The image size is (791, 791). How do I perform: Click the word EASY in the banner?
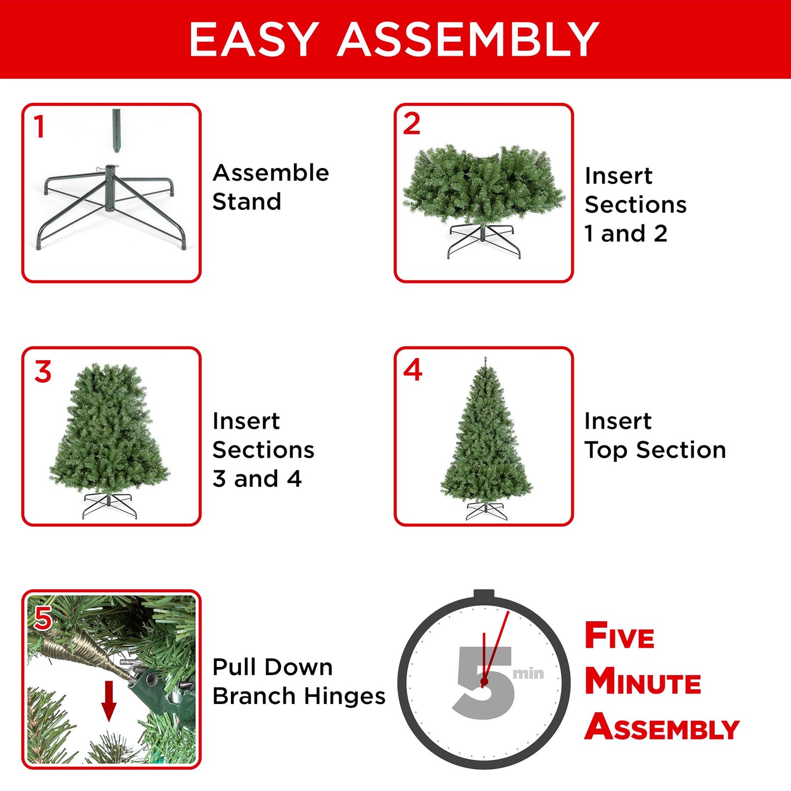pyautogui.click(x=253, y=39)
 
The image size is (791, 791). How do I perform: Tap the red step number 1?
pyautogui.click(x=39, y=127)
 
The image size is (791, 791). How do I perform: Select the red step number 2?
pyautogui.click(x=412, y=124)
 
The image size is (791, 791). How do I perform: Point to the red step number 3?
pyautogui.click(x=43, y=372)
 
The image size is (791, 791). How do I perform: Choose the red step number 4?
pyautogui.click(x=412, y=371)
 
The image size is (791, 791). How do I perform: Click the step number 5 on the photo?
pyautogui.click(x=43, y=619)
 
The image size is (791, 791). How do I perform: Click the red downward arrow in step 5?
pyautogui.click(x=109, y=701)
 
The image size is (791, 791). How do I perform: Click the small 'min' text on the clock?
pyautogui.click(x=528, y=673)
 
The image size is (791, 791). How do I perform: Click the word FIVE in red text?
pyautogui.click(x=619, y=636)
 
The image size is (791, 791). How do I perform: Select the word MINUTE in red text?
pyautogui.click(x=643, y=682)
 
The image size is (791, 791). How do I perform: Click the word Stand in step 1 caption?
pyautogui.click(x=247, y=201)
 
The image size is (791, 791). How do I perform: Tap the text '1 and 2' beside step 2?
pyautogui.click(x=626, y=234)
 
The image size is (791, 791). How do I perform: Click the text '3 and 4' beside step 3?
pyautogui.click(x=257, y=479)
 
